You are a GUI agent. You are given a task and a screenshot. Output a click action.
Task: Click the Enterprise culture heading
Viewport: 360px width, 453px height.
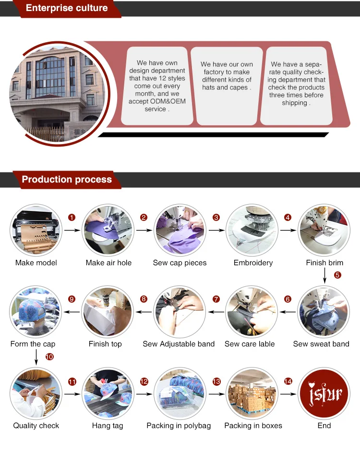67,8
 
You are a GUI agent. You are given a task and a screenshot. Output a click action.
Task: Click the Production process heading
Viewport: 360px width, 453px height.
67,179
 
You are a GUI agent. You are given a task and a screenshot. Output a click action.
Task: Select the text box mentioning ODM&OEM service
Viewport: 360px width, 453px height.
157,86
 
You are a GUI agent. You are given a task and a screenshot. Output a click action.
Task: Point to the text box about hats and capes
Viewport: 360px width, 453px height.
227,86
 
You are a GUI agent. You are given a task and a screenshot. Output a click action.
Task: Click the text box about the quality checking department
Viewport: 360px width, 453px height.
296,86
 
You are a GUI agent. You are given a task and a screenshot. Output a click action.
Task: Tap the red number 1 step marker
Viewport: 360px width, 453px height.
72,217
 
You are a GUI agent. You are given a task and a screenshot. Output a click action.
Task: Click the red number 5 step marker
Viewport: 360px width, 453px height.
337,275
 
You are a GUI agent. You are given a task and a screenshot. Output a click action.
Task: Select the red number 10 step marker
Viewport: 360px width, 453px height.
49,357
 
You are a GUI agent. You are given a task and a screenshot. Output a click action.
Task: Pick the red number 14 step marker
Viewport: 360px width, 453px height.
288,381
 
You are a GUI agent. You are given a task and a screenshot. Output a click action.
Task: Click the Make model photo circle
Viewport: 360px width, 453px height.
36,230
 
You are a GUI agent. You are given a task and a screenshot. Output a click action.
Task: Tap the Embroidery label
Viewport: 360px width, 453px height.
253,263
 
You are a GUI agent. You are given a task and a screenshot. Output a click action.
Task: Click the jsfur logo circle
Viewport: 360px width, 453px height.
324,393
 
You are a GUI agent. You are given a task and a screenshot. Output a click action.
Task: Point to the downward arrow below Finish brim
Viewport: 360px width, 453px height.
325,275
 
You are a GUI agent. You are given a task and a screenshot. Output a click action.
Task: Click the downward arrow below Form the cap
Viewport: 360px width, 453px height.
36,357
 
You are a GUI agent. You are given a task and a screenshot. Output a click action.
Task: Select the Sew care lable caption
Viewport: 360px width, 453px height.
250,344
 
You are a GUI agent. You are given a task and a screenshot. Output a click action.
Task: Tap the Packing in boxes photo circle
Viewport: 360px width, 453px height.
252,393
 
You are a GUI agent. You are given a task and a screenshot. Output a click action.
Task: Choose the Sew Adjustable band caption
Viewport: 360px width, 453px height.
179,344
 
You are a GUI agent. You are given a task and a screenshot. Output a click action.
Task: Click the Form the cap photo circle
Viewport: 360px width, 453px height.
36,312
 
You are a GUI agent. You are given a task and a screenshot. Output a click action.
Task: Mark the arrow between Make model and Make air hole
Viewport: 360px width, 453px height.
72,230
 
